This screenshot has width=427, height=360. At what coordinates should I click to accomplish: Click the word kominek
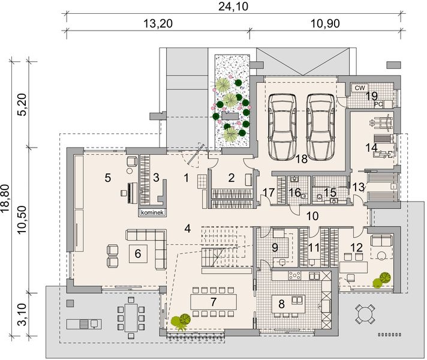[x=152, y=212]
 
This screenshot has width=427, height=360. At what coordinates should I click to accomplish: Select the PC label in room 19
[x=378, y=103]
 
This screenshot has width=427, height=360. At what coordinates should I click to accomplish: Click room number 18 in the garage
[x=301, y=158]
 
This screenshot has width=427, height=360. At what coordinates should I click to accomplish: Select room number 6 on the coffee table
[x=138, y=254]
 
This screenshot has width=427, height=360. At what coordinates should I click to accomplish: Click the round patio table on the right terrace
[x=364, y=312]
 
